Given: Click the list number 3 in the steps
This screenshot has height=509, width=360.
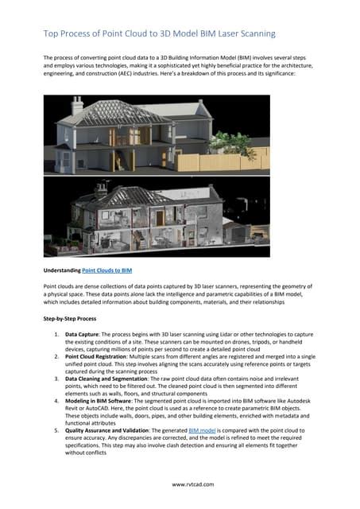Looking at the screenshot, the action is [x=56, y=379].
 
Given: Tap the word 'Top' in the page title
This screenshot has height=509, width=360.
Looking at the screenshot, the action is [x=52, y=34].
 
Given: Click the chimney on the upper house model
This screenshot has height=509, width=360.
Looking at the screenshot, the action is [x=78, y=105].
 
